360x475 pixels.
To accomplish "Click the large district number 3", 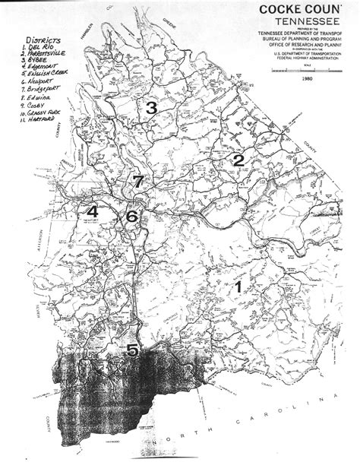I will tap(151, 108).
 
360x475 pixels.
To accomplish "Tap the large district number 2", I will tap(238, 160).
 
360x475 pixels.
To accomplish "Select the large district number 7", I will tap(137, 182).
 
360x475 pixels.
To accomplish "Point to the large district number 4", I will tap(93, 211).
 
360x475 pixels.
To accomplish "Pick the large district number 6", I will tap(131, 217).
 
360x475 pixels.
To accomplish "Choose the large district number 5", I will tap(132, 350).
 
